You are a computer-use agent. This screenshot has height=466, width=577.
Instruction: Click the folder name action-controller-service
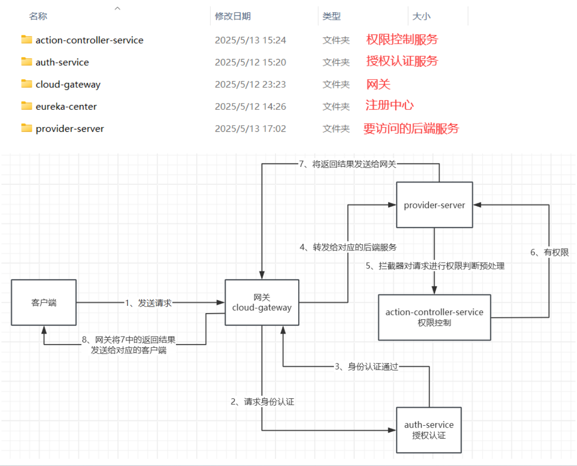[89, 40]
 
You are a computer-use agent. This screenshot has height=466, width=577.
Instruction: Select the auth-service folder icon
[26, 62]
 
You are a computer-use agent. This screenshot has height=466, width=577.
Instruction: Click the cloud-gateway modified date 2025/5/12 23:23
[250, 84]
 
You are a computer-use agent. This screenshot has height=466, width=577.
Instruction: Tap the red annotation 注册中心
[389, 105]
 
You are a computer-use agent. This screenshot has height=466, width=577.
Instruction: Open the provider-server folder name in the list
[69, 128]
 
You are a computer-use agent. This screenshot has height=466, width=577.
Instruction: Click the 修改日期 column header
[233, 16]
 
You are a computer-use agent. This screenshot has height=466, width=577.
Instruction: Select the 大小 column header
[421, 16]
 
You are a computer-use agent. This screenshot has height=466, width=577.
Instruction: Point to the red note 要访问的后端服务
[411, 128]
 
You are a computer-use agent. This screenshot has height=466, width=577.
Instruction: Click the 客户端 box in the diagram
[44, 303]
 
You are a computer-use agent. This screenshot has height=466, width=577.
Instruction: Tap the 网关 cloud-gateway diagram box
[262, 303]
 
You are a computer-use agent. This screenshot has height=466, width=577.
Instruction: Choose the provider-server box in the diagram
[434, 205]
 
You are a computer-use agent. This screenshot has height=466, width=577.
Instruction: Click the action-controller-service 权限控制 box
[434, 317]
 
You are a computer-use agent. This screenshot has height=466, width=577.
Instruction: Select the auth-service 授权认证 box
[428, 430]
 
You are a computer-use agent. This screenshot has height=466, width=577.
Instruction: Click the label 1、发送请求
[148, 303]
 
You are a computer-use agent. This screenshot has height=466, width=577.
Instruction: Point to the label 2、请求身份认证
[262, 402]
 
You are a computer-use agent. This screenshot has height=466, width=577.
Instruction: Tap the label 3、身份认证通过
[366, 367]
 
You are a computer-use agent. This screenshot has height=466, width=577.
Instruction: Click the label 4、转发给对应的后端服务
[348, 247]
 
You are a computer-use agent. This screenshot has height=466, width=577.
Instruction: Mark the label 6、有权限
[549, 253]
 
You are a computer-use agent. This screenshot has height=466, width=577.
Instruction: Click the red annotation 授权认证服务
[402, 61]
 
